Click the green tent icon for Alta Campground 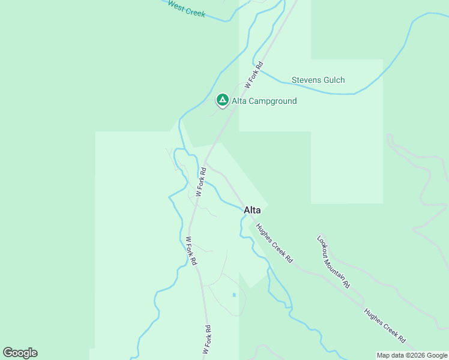tap(222, 100)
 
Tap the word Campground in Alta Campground tap(273, 101)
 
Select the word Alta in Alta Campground tap(240, 101)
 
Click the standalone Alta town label tap(252, 210)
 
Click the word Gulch tap(334, 80)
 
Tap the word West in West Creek tap(176, 5)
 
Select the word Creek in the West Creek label tap(195, 12)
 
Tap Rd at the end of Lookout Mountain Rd tap(346, 283)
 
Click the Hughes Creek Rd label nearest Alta tap(274, 243)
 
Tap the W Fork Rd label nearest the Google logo tap(206, 340)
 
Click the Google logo tap(20, 353)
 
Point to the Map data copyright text tap(412, 355)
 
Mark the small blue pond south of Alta tap(234, 295)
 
